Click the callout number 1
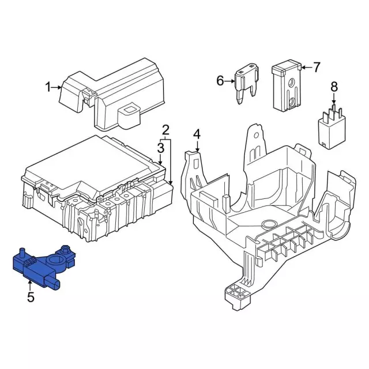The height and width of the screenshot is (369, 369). click(48, 88)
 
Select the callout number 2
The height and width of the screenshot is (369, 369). click(165, 129)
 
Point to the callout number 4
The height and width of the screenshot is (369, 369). click(197, 134)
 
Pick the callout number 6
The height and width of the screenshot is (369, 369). click(220, 81)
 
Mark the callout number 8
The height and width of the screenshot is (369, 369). click(333, 88)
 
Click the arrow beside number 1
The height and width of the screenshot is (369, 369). click(57, 88)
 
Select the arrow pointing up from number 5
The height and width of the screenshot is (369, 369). click(30, 285)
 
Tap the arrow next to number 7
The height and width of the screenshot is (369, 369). click(306, 67)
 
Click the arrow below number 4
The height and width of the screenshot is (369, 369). click(197, 145)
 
